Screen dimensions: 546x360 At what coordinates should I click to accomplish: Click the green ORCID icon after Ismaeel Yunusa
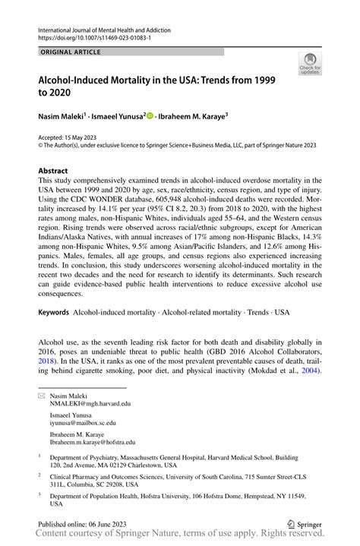(150, 116)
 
